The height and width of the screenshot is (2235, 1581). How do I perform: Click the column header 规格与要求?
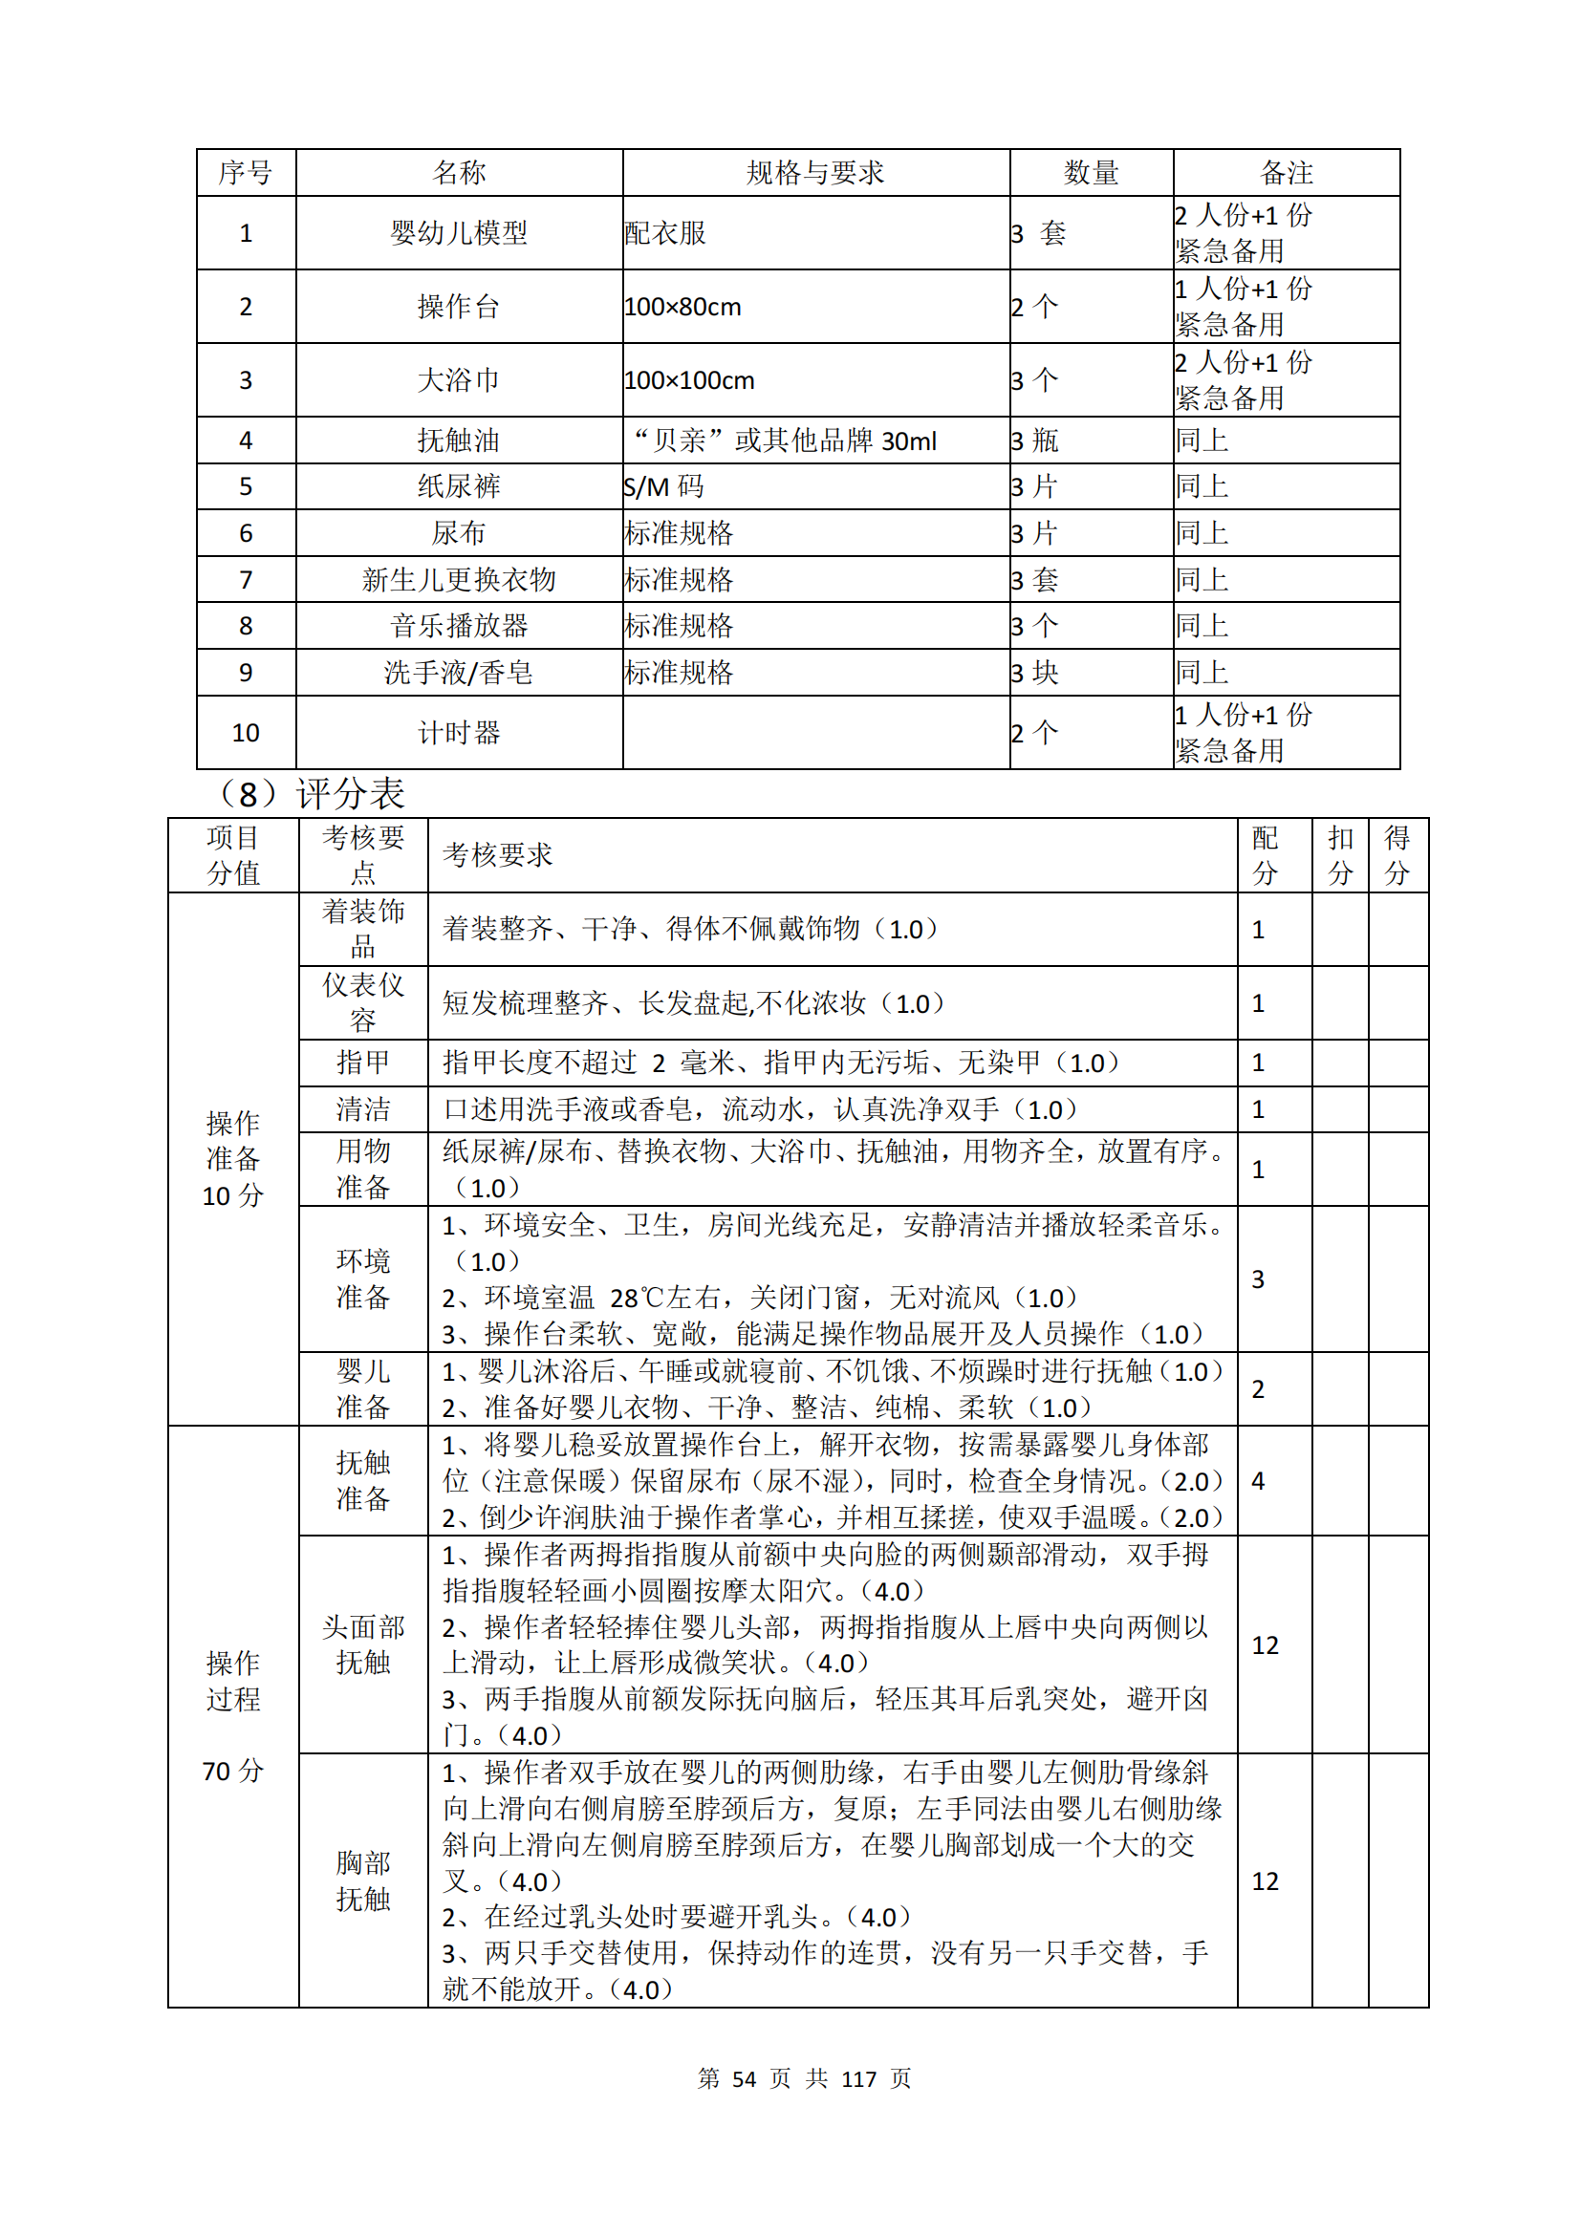point(814,173)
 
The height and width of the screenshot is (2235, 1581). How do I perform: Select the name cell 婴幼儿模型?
point(459,233)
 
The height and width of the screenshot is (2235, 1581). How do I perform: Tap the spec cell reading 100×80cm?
point(682,308)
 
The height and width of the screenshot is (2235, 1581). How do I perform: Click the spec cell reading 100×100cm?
point(689,380)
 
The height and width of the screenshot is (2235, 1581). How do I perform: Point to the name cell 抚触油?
point(459,441)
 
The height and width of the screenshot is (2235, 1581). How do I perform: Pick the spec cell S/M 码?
point(664,486)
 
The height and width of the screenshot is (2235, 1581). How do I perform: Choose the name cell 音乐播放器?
point(459,626)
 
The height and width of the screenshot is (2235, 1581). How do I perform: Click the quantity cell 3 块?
point(1035,673)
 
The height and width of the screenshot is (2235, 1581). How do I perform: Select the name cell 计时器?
point(459,733)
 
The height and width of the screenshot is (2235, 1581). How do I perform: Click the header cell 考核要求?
point(497,855)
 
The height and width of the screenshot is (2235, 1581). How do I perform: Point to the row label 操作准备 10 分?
point(232,1159)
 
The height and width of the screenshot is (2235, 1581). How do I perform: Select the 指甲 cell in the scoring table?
point(363,1063)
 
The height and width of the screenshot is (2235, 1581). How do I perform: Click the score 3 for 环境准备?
point(1258,1279)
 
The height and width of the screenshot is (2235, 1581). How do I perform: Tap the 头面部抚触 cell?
point(363,1645)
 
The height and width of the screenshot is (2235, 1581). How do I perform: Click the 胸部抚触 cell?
point(363,1880)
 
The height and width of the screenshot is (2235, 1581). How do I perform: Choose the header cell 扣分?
point(1340,855)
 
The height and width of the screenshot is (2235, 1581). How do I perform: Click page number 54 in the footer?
point(744,2079)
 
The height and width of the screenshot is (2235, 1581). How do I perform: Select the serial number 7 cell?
point(247,580)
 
